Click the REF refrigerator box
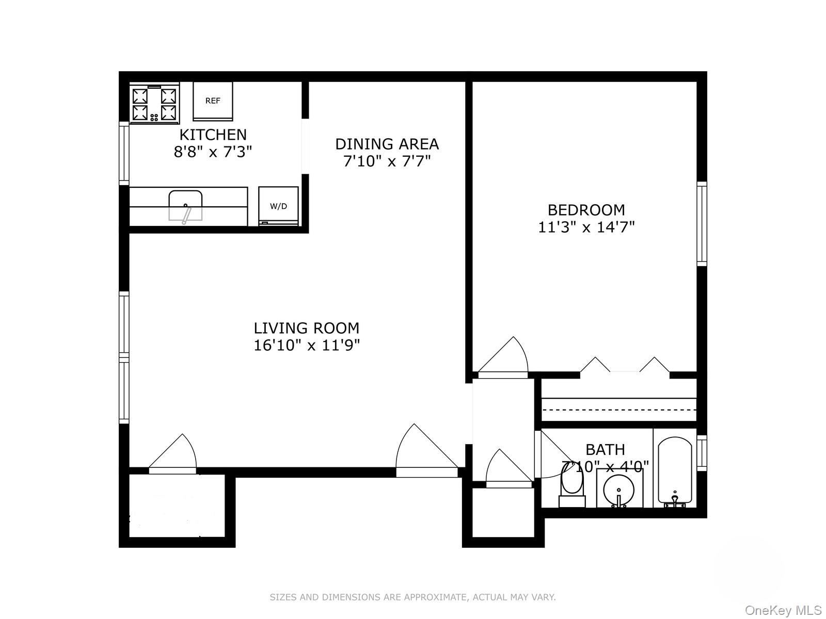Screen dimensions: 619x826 click(x=213, y=101)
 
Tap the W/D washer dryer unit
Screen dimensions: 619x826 click(x=278, y=206)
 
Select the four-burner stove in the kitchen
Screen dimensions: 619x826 click(x=154, y=104)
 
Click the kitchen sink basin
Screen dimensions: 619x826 click(x=185, y=205)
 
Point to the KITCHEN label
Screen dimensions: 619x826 click(x=213, y=135)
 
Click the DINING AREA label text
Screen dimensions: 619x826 click(x=387, y=143)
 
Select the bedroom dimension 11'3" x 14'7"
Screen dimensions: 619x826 click(x=586, y=227)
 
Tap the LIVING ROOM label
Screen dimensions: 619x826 click(x=306, y=328)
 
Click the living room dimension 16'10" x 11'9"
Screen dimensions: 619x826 click(x=306, y=345)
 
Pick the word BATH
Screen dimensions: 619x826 click(x=605, y=449)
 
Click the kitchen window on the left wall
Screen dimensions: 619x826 click(x=124, y=153)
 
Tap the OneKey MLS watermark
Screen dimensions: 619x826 click(x=783, y=611)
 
